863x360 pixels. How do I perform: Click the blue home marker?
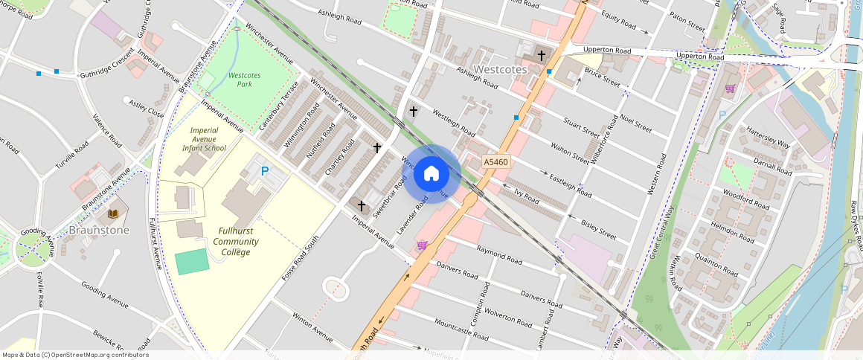pyautogui.click(x=431, y=174)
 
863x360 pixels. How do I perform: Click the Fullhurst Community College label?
pyautogui.click(x=235, y=241)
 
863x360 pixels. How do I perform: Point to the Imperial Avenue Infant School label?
pyautogui.click(x=204, y=139)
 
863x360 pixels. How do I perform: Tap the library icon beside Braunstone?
pyautogui.click(x=113, y=214)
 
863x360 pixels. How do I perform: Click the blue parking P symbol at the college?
pyautogui.click(x=264, y=172)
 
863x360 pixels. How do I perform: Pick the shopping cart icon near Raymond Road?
pyautogui.click(x=422, y=245)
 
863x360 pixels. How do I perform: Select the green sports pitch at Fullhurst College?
pyautogui.click(x=192, y=262)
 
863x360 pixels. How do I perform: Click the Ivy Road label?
pyautogui.click(x=526, y=196)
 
